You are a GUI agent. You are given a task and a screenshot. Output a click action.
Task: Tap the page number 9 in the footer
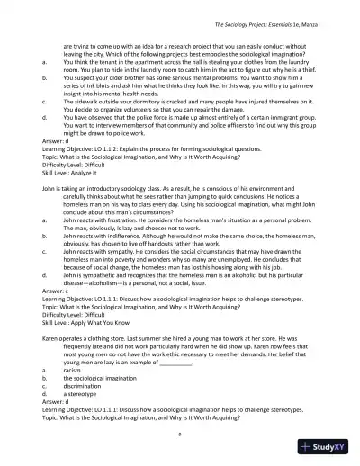click(x=180, y=433)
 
